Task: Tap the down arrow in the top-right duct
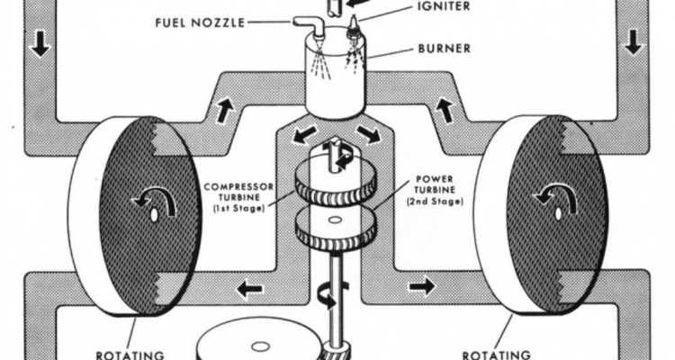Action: click(x=634, y=41)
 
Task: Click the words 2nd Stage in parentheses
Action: click(x=436, y=202)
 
